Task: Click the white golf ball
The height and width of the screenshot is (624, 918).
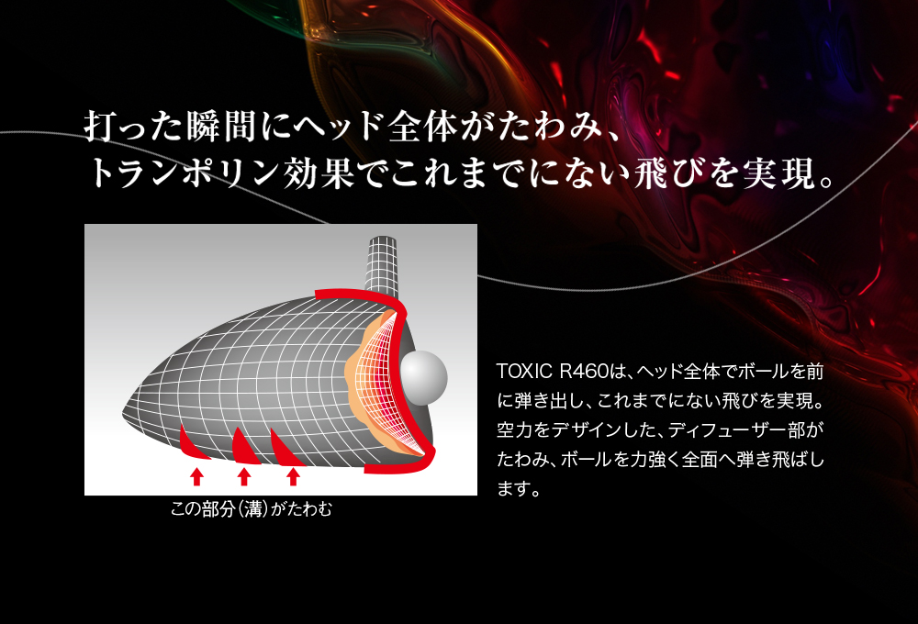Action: click(x=423, y=377)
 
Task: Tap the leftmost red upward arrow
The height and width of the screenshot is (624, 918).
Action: click(x=196, y=476)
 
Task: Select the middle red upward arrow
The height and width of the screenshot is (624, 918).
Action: click(x=244, y=476)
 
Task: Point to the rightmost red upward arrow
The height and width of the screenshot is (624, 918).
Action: click(x=294, y=476)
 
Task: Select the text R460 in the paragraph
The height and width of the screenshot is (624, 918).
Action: click(x=584, y=371)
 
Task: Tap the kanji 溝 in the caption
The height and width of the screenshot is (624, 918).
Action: click(x=252, y=509)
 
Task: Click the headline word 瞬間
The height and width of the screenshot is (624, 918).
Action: click(x=223, y=126)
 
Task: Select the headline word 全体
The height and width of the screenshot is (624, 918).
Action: click(x=422, y=126)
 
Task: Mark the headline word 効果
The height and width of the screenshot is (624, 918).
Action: click(x=319, y=173)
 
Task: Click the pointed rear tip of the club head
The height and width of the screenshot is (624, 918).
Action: click(x=124, y=414)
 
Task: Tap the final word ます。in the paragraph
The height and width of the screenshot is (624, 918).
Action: click(x=519, y=488)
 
